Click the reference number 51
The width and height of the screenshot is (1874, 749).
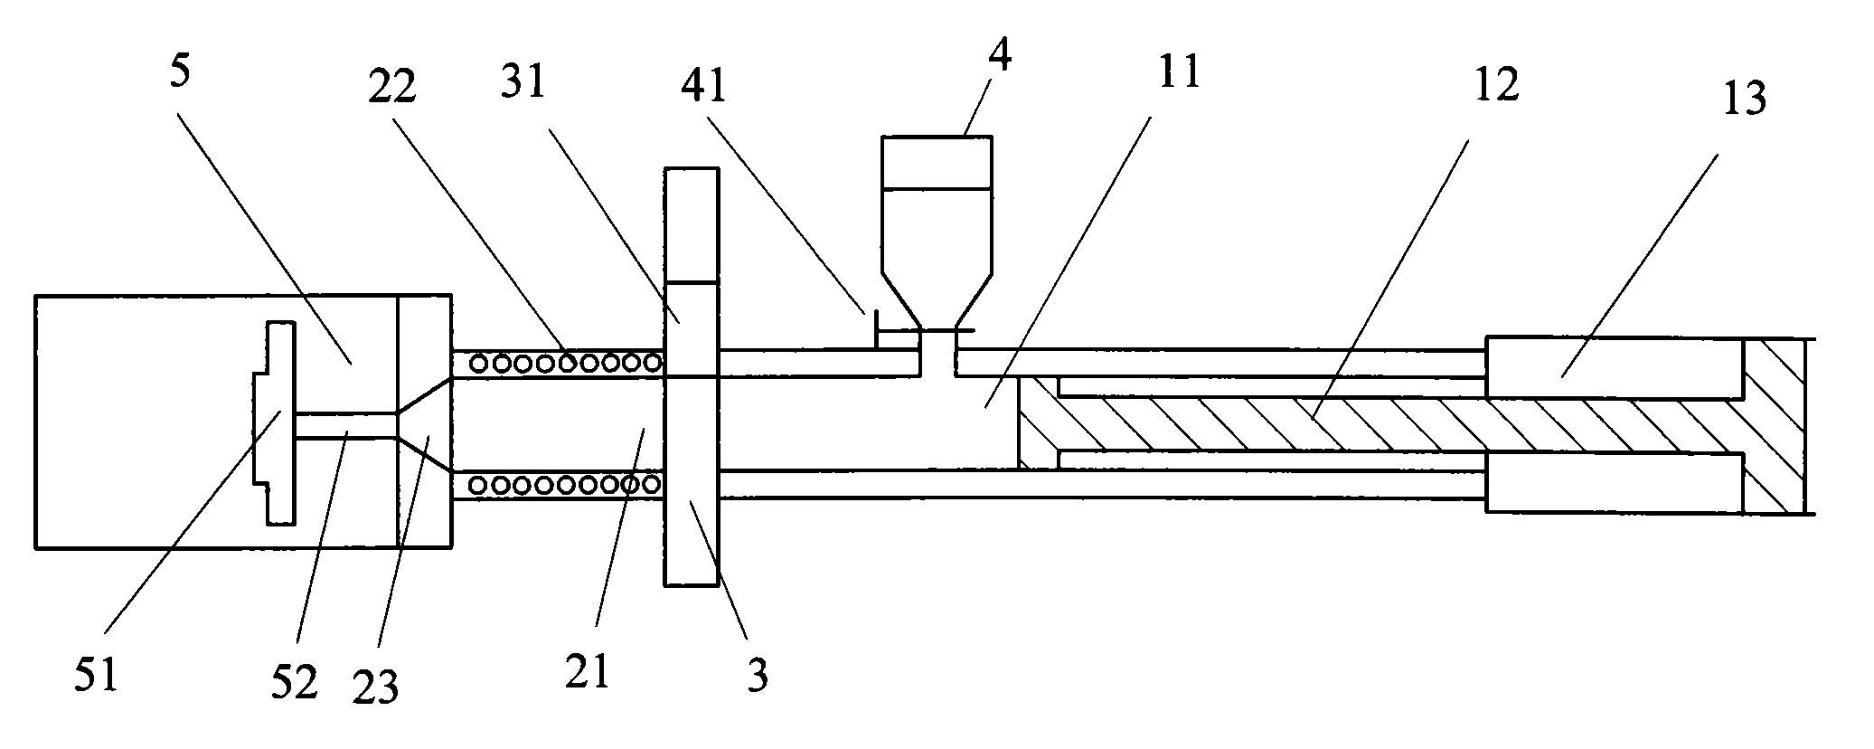coord(97,676)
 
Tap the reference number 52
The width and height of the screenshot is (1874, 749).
coord(295,680)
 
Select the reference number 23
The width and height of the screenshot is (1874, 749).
coord(375,687)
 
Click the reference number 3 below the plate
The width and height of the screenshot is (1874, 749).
coord(758,674)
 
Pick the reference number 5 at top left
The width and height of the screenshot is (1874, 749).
coord(180,73)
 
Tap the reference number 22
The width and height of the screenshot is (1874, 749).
coord(391,87)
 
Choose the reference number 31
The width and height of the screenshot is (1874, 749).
coord(524,82)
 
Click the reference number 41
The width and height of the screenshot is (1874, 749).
coord(704,87)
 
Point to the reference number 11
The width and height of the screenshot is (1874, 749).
coord(1178,71)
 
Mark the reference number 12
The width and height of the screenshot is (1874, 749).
coord(1496,85)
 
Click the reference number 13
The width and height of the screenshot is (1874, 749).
coord(1742,98)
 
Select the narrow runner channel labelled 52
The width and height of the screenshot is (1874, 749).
coord(345,425)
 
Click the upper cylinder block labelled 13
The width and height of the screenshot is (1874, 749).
coord(1614,367)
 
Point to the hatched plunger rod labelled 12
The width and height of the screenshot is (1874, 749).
coord(1356,425)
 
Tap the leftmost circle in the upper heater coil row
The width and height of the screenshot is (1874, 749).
coord(480,364)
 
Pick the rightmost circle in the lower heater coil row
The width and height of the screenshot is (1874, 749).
coord(652,484)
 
